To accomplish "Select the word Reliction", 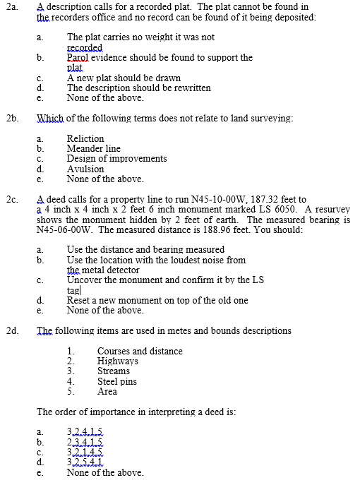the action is point(85,139).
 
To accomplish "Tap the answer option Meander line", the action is point(93,149).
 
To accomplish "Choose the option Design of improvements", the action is point(116,159).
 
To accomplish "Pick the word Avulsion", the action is point(85,169).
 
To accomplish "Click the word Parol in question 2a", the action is point(78,58).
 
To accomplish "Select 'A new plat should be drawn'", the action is point(124,78).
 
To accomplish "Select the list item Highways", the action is point(118,361).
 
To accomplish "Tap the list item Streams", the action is point(114,371).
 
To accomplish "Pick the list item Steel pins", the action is point(117,381).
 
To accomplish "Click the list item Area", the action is point(107,391).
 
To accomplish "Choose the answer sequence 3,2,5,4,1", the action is point(84,462).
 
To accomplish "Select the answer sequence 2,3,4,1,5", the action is point(84,443).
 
